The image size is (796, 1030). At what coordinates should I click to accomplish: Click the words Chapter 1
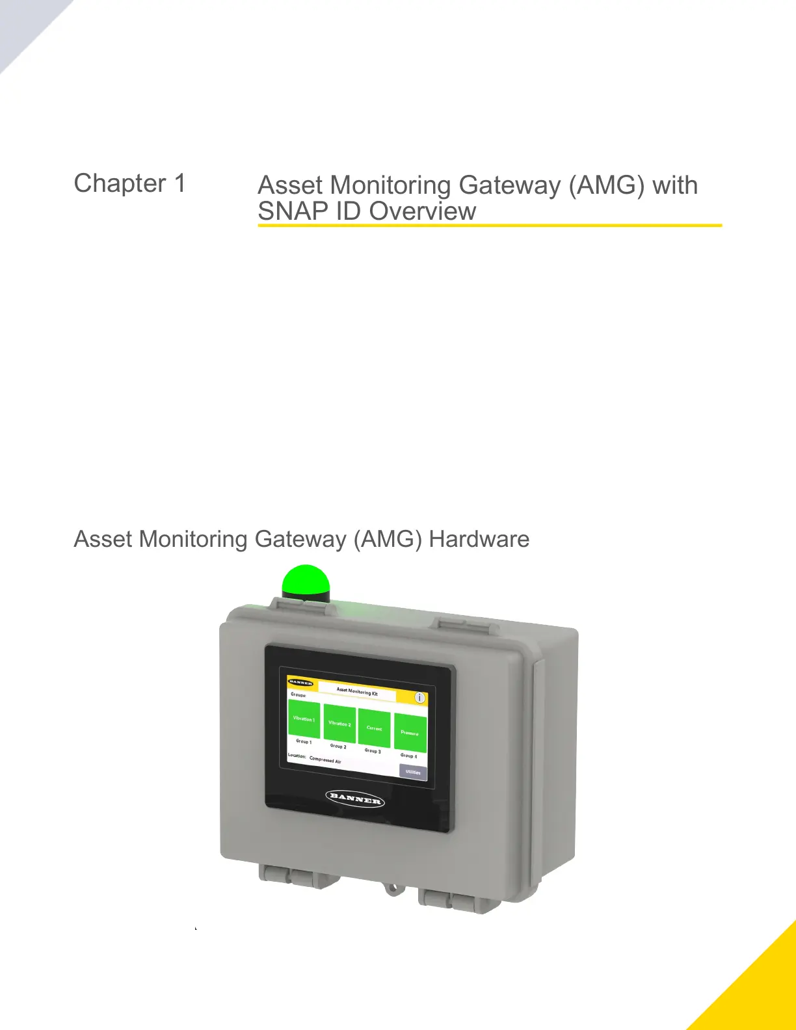click(x=129, y=183)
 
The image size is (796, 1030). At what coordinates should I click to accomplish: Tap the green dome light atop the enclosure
click(x=306, y=580)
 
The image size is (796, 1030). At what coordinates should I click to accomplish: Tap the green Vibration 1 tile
click(x=304, y=719)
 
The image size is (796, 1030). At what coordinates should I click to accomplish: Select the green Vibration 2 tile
click(x=339, y=723)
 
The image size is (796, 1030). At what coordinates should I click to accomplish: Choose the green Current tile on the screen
click(x=375, y=728)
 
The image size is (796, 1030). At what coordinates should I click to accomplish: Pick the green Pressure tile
click(x=410, y=733)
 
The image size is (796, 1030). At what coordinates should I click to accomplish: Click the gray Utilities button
click(x=413, y=772)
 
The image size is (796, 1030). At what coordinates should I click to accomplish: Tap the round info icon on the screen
click(x=420, y=698)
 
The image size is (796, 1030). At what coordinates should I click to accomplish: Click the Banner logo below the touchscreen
click(x=355, y=798)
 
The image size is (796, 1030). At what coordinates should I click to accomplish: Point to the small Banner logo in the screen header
click(x=300, y=683)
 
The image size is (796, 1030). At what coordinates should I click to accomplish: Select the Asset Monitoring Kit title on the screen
click(x=357, y=692)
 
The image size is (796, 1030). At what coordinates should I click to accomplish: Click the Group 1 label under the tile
click(x=304, y=741)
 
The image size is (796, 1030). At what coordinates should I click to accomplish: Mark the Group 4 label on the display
click(x=409, y=756)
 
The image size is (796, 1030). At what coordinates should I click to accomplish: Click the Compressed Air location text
click(x=325, y=759)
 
